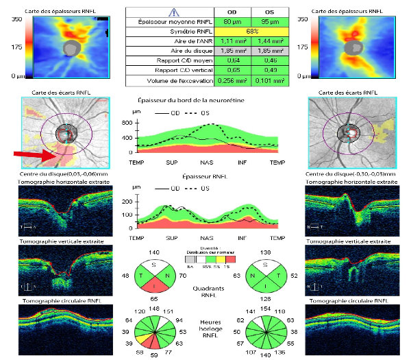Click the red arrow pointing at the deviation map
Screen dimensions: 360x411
tap(34, 156)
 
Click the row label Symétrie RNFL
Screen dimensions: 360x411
tap(168, 32)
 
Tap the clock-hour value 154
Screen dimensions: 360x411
tap(268, 311)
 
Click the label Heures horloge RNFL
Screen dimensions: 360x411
tap(211, 330)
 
